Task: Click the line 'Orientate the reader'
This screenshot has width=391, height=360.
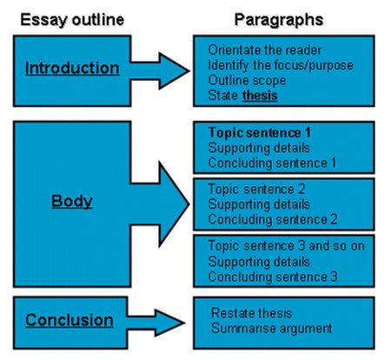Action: click(x=262, y=50)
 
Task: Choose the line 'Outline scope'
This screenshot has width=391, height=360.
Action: click(x=246, y=80)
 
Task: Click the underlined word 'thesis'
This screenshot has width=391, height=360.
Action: click(x=260, y=96)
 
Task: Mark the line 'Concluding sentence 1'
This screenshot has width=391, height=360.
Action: click(x=272, y=163)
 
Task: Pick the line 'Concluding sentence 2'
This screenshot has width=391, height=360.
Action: click(x=272, y=217)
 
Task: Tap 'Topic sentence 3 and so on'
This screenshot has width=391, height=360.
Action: click(x=286, y=246)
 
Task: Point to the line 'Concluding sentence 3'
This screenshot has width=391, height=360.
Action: click(x=272, y=276)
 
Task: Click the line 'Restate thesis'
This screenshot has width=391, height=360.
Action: click(x=252, y=312)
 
